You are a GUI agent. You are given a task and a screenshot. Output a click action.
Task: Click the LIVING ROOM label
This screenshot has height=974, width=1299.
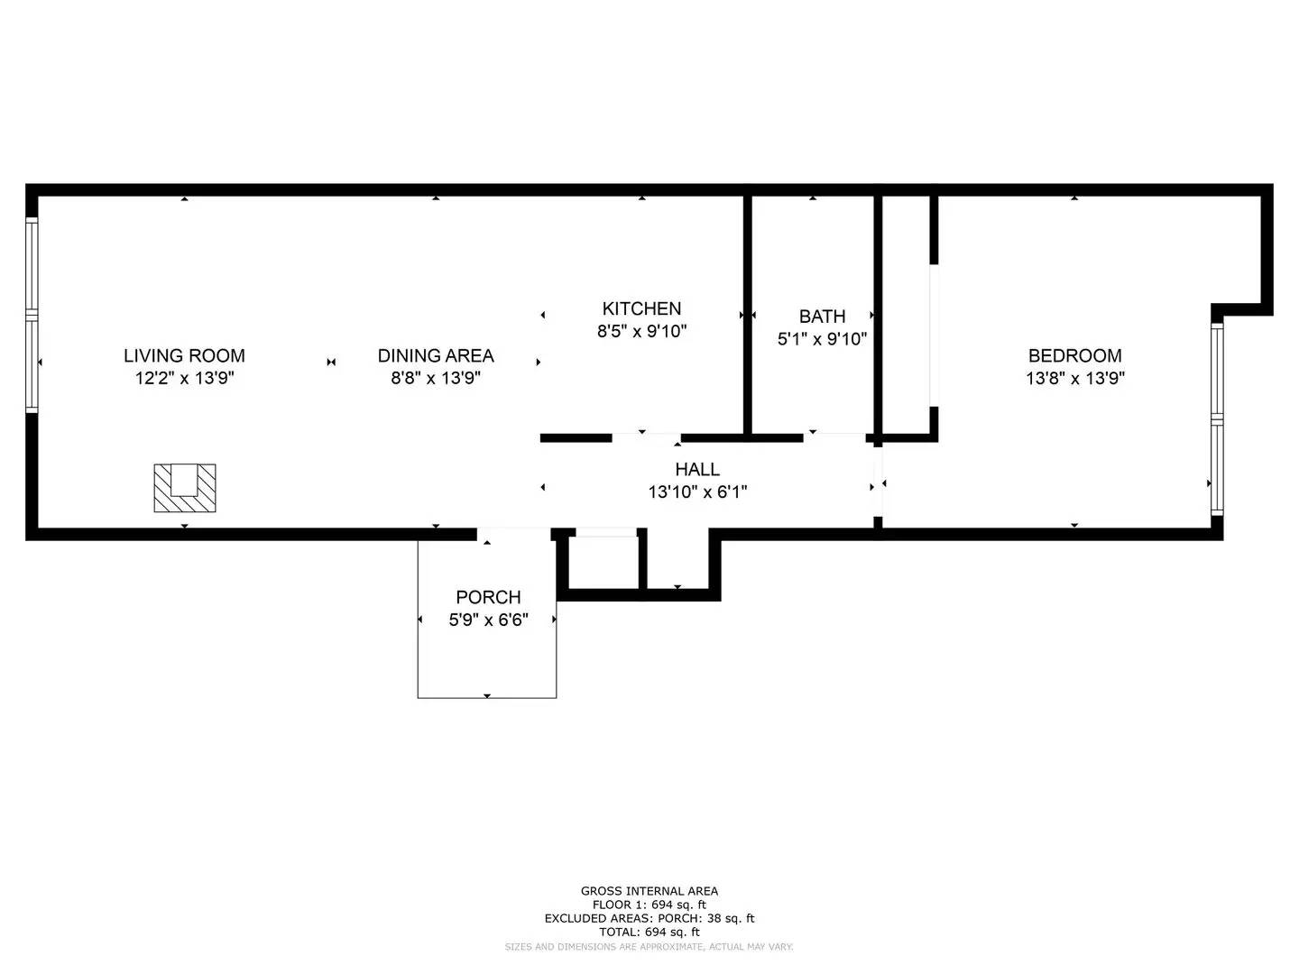pos(184,355)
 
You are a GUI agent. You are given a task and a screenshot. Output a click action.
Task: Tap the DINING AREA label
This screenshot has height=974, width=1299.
pos(436,355)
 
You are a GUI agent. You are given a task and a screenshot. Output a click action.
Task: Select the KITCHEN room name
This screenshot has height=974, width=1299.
pos(641,308)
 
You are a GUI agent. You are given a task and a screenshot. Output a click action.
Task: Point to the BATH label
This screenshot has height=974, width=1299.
pos(822,317)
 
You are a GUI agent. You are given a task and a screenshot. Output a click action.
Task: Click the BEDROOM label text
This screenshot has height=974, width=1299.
pos(1074,355)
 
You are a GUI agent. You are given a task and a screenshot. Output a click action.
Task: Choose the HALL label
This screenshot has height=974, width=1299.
pos(697,470)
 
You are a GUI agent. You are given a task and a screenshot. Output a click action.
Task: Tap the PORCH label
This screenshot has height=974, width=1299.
pos(488,597)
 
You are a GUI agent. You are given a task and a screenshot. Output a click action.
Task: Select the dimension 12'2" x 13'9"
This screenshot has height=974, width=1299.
pos(185,378)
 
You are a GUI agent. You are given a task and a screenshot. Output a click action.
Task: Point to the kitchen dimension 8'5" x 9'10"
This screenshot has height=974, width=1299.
pos(641,331)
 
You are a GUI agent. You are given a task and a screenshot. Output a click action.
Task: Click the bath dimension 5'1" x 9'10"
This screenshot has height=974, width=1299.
pos(822,339)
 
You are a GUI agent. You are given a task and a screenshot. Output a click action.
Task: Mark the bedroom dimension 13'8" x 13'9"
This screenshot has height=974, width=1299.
pos(1074,378)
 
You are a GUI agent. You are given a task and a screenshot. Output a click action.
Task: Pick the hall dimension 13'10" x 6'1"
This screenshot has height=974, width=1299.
pos(697,492)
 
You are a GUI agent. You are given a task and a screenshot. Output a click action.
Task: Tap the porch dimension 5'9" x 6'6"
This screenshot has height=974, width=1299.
pos(488,620)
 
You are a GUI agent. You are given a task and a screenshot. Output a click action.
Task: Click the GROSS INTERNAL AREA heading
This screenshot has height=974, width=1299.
pos(649,891)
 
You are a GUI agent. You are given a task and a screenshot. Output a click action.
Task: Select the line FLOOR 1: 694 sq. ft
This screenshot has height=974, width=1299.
pos(649,905)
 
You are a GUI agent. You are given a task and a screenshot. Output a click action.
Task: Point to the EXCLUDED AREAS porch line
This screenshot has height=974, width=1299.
pos(649,918)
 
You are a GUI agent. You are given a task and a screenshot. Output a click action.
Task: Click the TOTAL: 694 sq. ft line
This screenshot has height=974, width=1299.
pos(649,932)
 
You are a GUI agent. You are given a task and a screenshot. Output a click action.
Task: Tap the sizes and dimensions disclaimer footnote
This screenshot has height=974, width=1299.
pos(649,947)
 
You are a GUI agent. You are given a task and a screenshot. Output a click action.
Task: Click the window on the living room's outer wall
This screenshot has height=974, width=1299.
pos(32,316)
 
